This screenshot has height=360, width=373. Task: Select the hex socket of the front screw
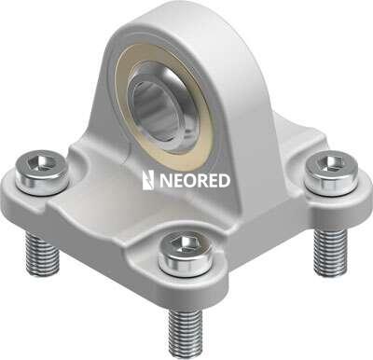[x=185, y=242]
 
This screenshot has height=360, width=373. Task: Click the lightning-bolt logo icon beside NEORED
[x=148, y=180]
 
